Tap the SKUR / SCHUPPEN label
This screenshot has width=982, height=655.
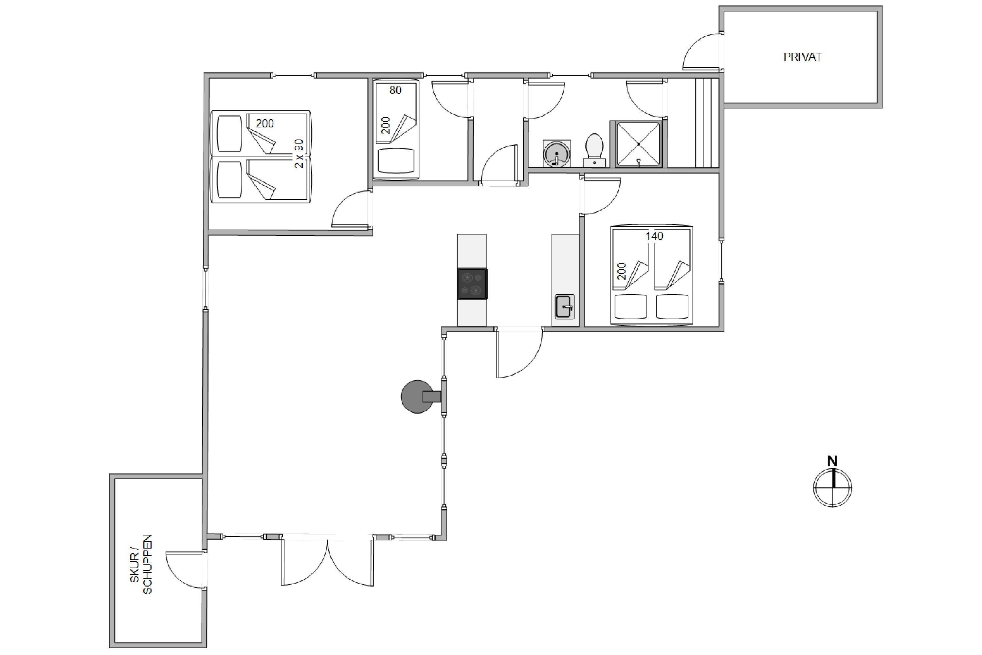click(141, 564)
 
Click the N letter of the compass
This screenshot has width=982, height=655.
click(832, 461)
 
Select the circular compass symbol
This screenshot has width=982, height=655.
click(832, 488)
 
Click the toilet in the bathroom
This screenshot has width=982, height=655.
click(594, 150)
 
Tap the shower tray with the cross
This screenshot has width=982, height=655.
click(638, 144)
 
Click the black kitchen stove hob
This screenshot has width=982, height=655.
click(472, 284)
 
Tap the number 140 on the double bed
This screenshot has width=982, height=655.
click(654, 236)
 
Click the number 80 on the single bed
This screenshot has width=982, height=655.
click(395, 90)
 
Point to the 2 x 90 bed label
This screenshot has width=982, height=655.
click(299, 154)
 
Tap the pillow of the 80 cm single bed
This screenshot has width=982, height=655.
click(396, 161)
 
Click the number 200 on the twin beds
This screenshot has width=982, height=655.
click(265, 124)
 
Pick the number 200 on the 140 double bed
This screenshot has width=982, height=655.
click(622, 271)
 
